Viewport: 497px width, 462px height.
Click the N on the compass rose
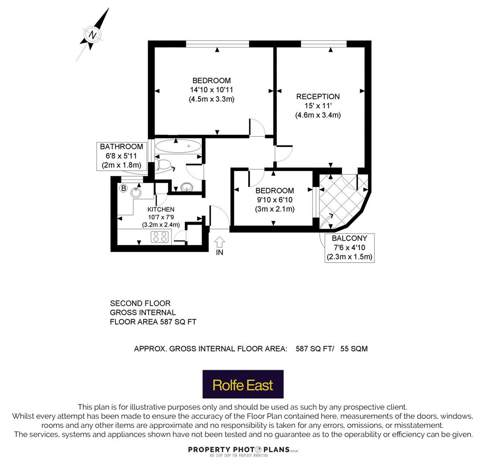coord(93,35)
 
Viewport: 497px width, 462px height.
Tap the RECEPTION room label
coord(318,97)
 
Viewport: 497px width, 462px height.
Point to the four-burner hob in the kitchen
coord(160,237)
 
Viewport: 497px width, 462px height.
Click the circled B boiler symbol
coord(124,189)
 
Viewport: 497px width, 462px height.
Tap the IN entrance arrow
coord(219,243)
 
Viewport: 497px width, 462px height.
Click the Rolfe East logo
coord(243,384)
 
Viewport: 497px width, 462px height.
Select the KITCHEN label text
coord(161,209)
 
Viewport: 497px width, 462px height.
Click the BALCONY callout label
coord(349,248)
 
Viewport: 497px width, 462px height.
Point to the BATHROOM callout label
coord(122,156)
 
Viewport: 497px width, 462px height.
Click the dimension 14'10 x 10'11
coord(211,90)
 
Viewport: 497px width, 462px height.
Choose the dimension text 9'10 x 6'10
coord(275,200)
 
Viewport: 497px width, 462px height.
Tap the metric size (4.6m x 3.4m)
coord(318,115)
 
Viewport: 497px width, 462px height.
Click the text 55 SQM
coord(354,349)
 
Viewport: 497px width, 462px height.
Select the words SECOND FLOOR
coord(140,303)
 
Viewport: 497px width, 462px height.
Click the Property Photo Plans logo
coord(243,451)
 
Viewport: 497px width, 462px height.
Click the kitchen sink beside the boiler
coord(137,192)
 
